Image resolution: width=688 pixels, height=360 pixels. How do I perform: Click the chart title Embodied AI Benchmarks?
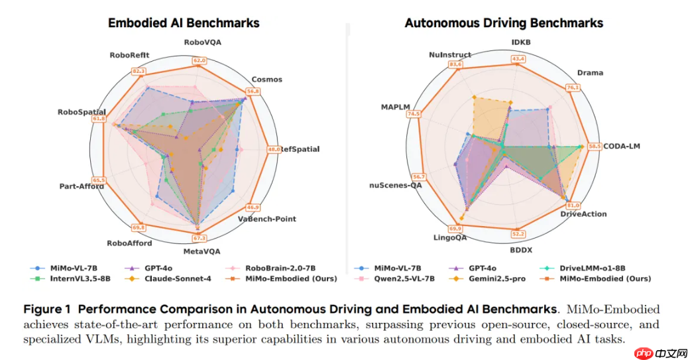tap(184, 23)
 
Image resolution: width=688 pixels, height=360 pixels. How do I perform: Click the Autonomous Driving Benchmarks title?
tap(504, 23)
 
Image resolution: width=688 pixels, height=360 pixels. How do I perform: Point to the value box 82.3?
tap(139, 71)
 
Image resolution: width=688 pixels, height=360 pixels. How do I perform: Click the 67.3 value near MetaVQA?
tap(200, 238)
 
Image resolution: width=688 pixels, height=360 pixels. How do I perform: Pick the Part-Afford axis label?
tap(82, 186)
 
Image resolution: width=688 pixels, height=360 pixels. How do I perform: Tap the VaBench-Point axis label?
tap(266, 219)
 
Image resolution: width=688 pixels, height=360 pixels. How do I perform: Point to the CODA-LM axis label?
tap(621, 146)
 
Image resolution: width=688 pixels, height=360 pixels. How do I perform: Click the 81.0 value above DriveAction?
tap(573, 206)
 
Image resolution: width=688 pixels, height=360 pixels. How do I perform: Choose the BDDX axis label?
tap(520, 251)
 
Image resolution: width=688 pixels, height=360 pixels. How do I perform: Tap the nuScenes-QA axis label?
tap(396, 186)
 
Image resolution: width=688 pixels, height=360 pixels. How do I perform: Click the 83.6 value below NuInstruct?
tap(455, 64)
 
